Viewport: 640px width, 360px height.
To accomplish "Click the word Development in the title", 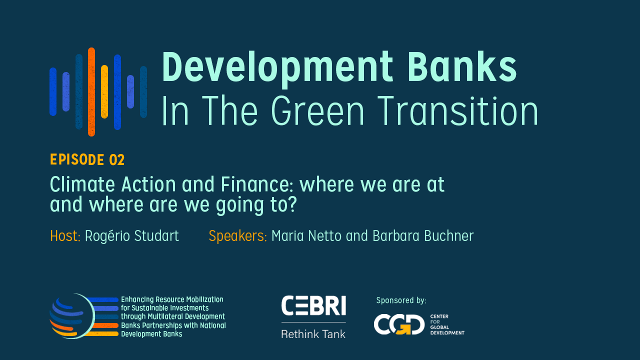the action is (x=277, y=68).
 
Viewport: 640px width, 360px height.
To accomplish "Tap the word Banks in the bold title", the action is (x=462, y=66).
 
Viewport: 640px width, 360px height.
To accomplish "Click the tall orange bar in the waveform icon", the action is (x=91, y=91).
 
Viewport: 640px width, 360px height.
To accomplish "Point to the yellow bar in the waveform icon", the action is (x=104, y=91).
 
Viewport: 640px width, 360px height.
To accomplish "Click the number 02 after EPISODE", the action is (x=116, y=159).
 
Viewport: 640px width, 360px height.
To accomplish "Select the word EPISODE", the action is (x=77, y=159).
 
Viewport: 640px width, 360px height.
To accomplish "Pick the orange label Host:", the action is (x=65, y=236).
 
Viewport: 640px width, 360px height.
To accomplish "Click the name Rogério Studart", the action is (x=132, y=236).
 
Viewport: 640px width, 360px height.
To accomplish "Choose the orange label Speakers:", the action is (x=237, y=236).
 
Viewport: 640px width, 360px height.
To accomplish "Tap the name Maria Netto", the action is (x=306, y=236).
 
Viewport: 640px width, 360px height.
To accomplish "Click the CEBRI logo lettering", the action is (x=313, y=305).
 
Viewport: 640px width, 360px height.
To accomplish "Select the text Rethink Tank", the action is (x=313, y=334).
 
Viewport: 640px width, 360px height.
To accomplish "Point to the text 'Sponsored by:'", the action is (x=401, y=300).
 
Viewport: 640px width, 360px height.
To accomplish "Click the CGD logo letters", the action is (x=399, y=324).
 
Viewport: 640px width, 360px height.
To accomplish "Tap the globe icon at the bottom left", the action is (x=72, y=316).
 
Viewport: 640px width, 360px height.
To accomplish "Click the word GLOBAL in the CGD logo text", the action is (x=439, y=327).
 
